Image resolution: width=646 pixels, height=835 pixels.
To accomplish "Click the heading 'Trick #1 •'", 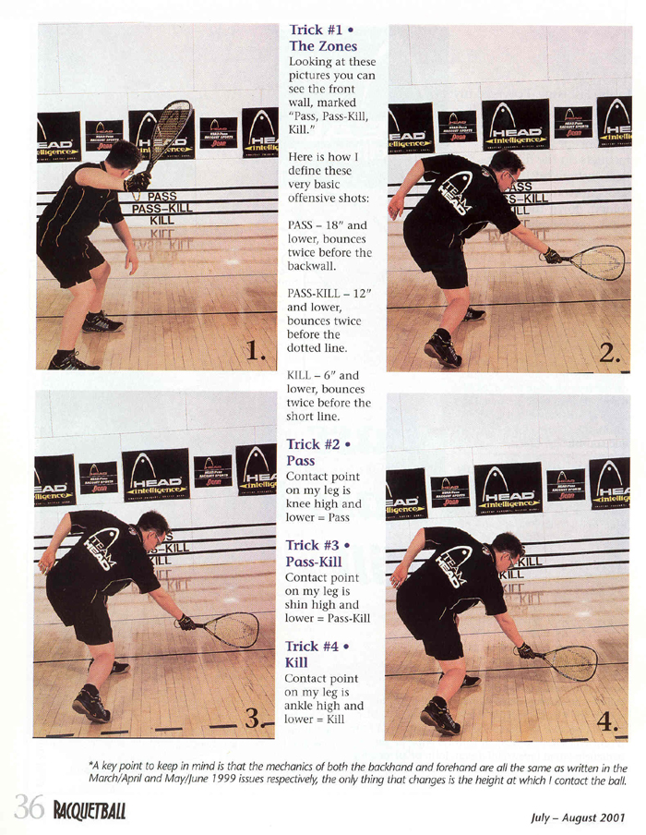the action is pyautogui.click(x=321, y=30).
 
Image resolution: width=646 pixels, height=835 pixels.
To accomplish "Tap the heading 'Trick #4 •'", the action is pyautogui.click(x=317, y=647).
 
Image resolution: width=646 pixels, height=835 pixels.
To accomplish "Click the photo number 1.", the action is pyautogui.click(x=257, y=350).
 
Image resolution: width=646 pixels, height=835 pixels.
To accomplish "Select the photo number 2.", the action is pyautogui.click(x=609, y=352).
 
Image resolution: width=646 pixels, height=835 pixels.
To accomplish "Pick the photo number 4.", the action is pyautogui.click(x=606, y=721).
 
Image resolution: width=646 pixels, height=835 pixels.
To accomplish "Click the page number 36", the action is pyautogui.click(x=29, y=807).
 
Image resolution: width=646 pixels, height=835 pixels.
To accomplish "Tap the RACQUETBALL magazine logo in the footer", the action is pyautogui.click(x=90, y=810).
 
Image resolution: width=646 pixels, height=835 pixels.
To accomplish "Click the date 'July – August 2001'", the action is pyautogui.click(x=578, y=817).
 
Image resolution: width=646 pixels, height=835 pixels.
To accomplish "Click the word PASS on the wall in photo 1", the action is pyautogui.click(x=161, y=197).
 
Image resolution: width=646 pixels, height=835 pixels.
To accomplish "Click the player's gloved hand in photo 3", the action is pyautogui.click(x=185, y=622).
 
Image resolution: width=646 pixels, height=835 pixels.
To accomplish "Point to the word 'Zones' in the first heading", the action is pyautogui.click(x=338, y=46).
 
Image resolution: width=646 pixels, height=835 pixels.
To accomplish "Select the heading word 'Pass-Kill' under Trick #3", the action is pyautogui.click(x=314, y=562).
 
